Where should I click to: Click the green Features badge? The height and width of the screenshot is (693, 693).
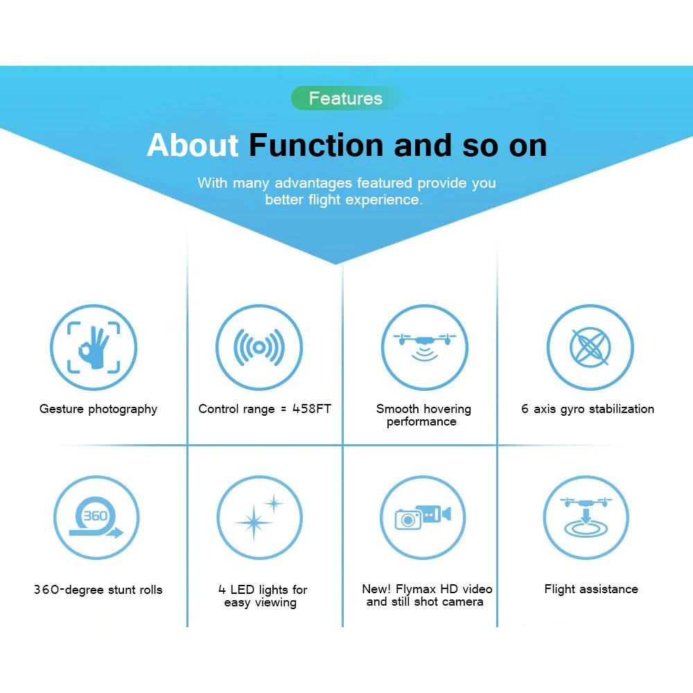pos(346,98)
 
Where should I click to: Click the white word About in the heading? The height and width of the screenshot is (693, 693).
pos(193,145)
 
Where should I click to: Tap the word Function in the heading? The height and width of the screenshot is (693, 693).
pos(317,145)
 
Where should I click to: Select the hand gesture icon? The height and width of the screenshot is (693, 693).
pos(94,347)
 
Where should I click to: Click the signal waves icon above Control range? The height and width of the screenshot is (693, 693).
pos(259,347)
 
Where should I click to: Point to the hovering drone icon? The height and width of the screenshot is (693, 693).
pos(424,347)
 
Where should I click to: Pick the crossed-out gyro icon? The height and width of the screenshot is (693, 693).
pos(590,347)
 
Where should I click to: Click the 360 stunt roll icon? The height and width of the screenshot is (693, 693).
pos(96,518)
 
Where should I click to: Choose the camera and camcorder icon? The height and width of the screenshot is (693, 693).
pos(423,518)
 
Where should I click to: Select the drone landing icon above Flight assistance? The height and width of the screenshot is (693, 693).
pos(586,518)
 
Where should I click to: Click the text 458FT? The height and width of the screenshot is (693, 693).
pos(312,409)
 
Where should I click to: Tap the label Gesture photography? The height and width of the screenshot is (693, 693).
pos(98,410)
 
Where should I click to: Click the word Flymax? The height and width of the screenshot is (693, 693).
pos(416,589)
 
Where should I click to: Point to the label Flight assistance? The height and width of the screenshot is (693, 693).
pos(591,589)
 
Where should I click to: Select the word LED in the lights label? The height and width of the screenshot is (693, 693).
pos(242,590)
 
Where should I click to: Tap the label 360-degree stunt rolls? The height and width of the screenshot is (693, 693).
pos(98,590)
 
